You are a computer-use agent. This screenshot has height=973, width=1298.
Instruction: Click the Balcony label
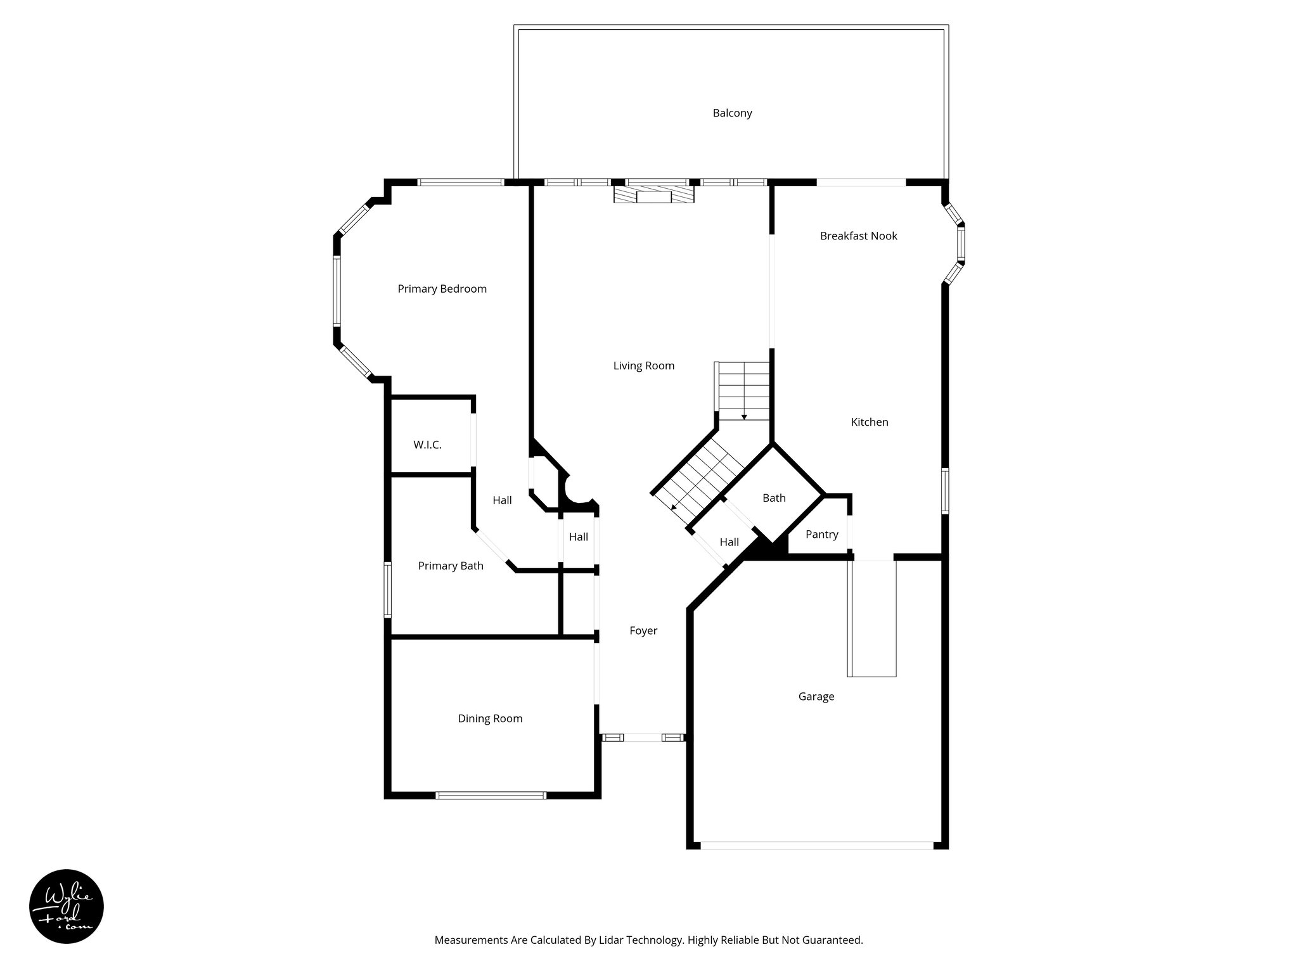pyautogui.click(x=732, y=113)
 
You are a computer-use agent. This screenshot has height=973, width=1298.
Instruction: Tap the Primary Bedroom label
pyautogui.click(x=442, y=289)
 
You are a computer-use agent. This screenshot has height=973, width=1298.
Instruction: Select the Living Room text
pyautogui.click(x=643, y=366)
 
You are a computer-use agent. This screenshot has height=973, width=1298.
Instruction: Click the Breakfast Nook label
pyautogui.click(x=858, y=236)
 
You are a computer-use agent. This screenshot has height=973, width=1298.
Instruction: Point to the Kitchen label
pyautogui.click(x=869, y=422)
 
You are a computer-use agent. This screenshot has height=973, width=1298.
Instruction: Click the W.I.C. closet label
pyautogui.click(x=427, y=445)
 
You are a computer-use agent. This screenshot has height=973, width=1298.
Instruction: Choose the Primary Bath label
pyautogui.click(x=450, y=566)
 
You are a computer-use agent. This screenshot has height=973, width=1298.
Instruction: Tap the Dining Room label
pyautogui.click(x=490, y=718)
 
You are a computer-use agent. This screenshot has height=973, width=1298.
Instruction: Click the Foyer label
pyautogui.click(x=643, y=630)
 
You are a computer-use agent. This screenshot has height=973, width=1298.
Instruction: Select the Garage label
pyautogui.click(x=816, y=697)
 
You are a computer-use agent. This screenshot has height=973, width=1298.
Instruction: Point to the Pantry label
pyautogui.click(x=821, y=535)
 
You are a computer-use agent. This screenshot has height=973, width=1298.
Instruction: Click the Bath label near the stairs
pyautogui.click(x=774, y=498)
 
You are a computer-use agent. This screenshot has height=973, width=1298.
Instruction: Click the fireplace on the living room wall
pyautogui.click(x=653, y=193)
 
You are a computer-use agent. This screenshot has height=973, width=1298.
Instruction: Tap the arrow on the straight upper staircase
pyautogui.click(x=744, y=416)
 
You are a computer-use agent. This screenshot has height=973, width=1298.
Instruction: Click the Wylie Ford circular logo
pyautogui.click(x=67, y=906)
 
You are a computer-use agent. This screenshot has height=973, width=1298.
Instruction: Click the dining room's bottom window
pyautogui.click(x=491, y=796)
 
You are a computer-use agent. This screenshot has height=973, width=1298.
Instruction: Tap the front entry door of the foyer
pyautogui.click(x=643, y=737)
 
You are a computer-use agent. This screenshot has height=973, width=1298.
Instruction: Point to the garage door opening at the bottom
pyautogui.click(x=817, y=845)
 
